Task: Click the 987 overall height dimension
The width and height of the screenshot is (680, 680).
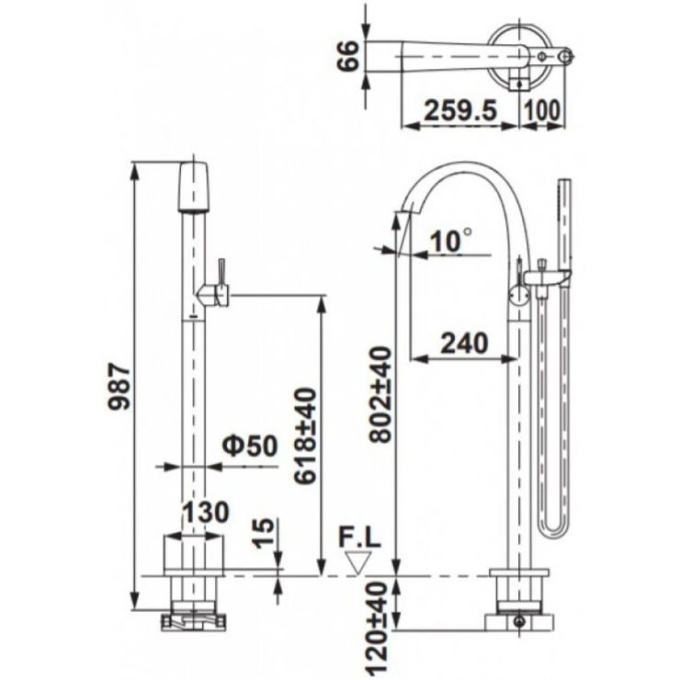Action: point(119,387)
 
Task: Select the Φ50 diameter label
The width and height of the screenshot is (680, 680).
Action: point(250,445)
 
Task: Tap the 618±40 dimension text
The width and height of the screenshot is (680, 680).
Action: point(305,436)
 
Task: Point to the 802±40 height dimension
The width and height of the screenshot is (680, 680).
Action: point(380,394)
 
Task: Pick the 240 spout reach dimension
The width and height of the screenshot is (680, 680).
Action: point(464,343)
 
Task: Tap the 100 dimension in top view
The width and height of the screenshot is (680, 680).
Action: point(542,110)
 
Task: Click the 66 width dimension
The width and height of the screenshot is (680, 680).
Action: point(348,55)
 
